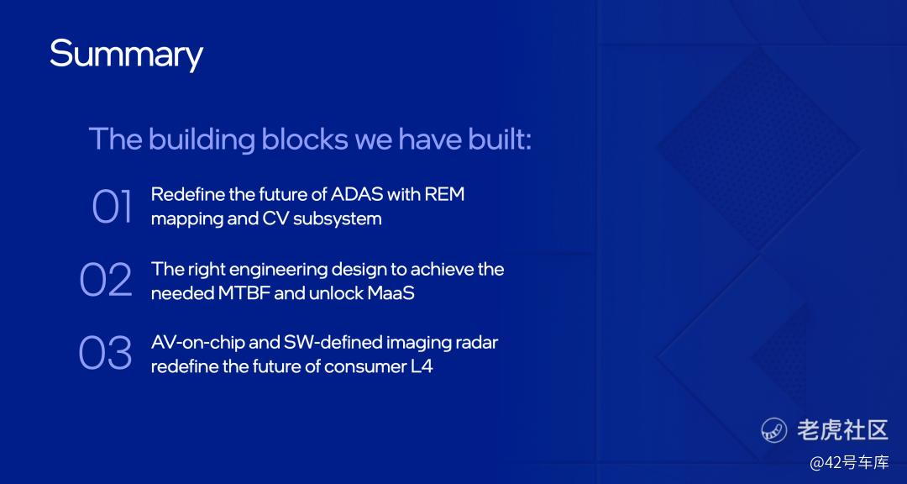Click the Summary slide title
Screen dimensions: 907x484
click(126, 55)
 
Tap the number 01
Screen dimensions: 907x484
click(112, 207)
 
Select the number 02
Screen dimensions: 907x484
click(106, 280)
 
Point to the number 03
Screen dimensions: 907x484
click(105, 353)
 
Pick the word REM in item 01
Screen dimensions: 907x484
click(444, 195)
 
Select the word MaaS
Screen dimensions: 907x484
click(391, 293)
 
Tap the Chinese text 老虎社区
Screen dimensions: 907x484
click(842, 430)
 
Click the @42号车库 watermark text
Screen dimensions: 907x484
click(849, 463)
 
